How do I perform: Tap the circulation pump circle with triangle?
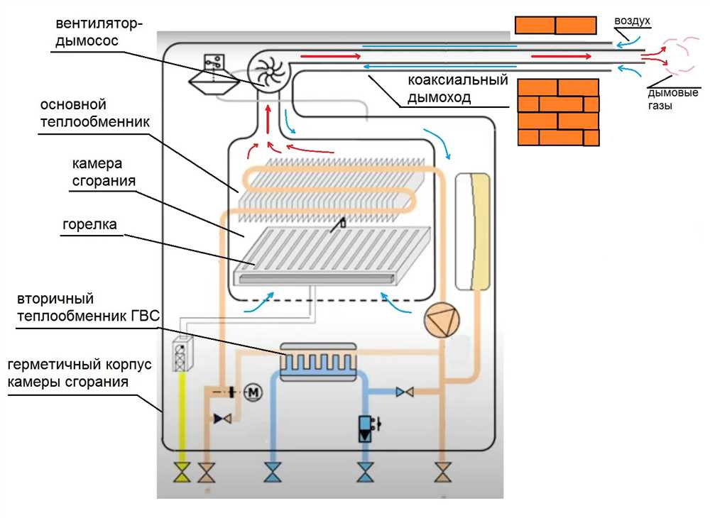coord(442,320)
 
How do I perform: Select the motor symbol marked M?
coord(253,392)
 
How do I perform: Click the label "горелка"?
coord(89,224)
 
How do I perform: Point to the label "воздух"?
coord(632,21)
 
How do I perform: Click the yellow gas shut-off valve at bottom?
coord(182,473)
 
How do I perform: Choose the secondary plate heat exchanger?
coord(318,361)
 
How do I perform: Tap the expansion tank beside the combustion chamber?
coord(473,231)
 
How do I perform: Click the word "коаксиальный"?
coord(458,80)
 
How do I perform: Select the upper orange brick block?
coord(556,25)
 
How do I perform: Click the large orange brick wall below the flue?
coord(559,112)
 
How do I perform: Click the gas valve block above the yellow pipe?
coord(183,355)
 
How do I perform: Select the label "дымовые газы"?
coord(672,99)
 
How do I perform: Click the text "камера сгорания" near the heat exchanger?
coord(104,172)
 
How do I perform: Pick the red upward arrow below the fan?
coord(268,119)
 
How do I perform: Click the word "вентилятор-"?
coord(99,23)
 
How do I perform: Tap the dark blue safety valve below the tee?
coord(365,428)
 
